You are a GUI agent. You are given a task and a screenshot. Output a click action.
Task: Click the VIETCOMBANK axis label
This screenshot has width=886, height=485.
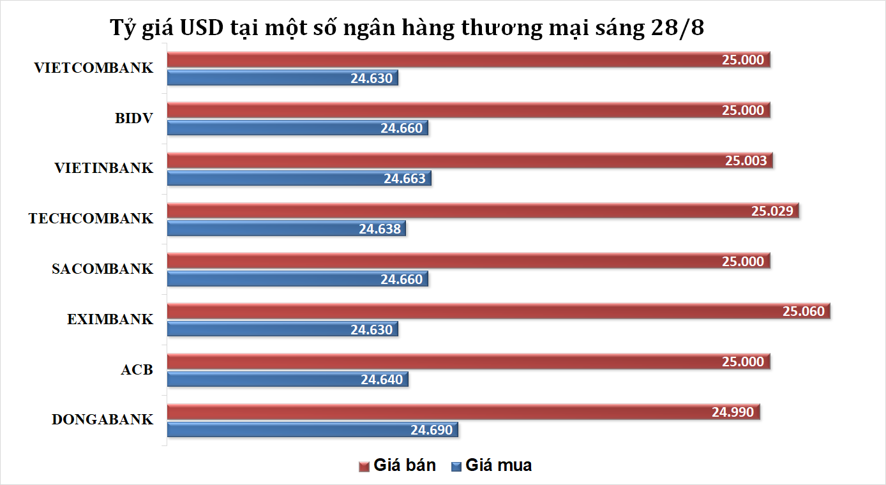coord(94,68)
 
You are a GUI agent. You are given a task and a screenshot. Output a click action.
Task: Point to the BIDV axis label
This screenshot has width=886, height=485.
coord(134,118)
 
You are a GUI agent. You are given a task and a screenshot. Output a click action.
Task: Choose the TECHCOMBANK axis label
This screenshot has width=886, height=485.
coord(91,218)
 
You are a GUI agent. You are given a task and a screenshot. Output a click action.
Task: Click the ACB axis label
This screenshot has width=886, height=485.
coord(137,369)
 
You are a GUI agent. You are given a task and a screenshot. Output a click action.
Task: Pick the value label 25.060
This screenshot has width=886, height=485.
coord(804,311)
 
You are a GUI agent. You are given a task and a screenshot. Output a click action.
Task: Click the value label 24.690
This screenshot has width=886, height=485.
coord(432,429)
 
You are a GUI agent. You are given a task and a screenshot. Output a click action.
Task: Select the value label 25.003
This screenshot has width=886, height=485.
coord(745,161)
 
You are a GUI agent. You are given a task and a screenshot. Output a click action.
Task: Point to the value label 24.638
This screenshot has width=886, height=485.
coord(380,228)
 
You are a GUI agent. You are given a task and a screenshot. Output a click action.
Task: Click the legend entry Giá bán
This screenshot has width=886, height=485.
coord(398,465)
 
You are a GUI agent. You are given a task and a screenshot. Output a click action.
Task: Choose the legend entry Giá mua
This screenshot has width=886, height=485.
coord(491,465)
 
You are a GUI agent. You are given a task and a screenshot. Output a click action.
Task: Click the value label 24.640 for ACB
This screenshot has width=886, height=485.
coord(382,380)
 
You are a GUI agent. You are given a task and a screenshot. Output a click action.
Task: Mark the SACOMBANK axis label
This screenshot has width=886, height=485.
coord(103,269)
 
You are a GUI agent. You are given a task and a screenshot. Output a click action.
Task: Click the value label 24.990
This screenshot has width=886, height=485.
coord(733,412)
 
